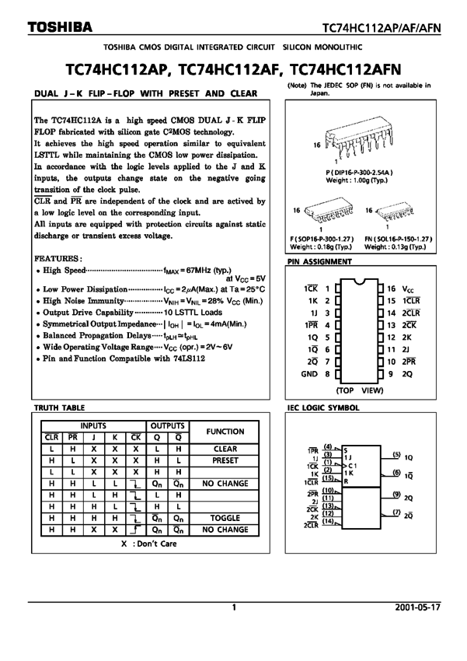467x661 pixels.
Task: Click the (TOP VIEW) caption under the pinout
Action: pyautogui.click(x=359, y=389)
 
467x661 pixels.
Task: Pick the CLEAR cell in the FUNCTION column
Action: pyautogui.click(x=225, y=449)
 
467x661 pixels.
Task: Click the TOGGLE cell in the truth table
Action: pyautogui.click(x=225, y=517)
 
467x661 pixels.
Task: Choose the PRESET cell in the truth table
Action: pyautogui.click(x=225, y=460)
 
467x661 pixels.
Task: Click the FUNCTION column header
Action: pyautogui.click(x=225, y=432)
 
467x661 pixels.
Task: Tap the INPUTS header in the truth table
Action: pyautogui.click(x=92, y=426)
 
